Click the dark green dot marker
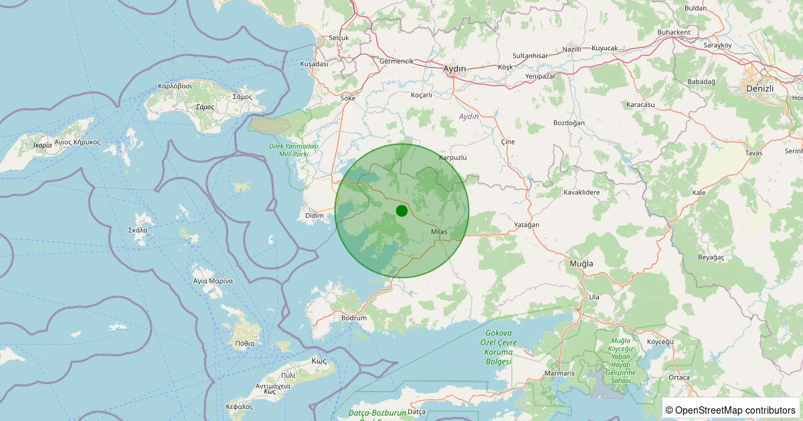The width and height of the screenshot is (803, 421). (x=401, y=211)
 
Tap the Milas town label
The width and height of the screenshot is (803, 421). (x=439, y=232)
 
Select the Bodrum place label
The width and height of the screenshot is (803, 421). (x=354, y=318)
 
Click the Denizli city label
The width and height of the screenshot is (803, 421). (x=760, y=88)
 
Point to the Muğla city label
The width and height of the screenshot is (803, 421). (x=581, y=264)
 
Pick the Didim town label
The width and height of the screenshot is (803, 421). (x=314, y=215)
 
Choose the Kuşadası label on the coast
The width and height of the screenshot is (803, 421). (x=314, y=64)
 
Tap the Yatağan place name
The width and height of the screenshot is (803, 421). (x=527, y=225)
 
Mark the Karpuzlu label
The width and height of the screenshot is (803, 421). (x=452, y=158)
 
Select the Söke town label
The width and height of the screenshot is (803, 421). (x=348, y=98)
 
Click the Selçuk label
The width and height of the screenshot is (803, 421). (x=339, y=38)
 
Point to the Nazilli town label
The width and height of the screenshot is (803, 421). (x=572, y=49)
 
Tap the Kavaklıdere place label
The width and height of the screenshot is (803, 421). (x=582, y=192)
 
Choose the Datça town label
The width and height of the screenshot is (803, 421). (x=416, y=412)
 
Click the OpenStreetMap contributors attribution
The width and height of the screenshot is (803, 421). (x=731, y=410)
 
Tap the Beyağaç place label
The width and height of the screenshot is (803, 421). (x=711, y=257)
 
